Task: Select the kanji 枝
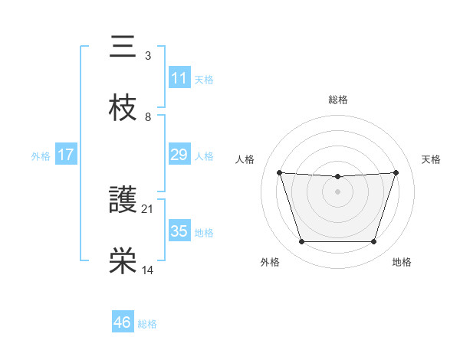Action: [x=123, y=109]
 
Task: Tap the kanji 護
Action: [x=123, y=201]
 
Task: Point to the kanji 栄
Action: [x=123, y=261]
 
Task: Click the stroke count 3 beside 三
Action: [x=148, y=56]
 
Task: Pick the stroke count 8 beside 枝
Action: [x=148, y=116]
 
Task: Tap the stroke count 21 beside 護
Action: [x=148, y=208]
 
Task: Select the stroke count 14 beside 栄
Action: [x=148, y=270]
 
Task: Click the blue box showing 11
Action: [x=179, y=78]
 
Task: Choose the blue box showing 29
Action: [x=179, y=155]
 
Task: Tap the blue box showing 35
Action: [x=179, y=231]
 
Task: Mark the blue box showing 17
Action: [x=65, y=155]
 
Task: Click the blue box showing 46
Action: [x=122, y=322]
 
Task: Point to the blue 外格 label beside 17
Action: [x=41, y=155]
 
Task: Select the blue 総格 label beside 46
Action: [x=147, y=324]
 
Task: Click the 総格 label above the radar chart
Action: [x=337, y=100]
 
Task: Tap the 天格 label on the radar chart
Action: [x=432, y=159]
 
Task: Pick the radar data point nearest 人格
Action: [x=279, y=173]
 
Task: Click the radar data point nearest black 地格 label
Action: [x=373, y=242]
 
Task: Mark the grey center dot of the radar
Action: [x=337, y=191]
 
